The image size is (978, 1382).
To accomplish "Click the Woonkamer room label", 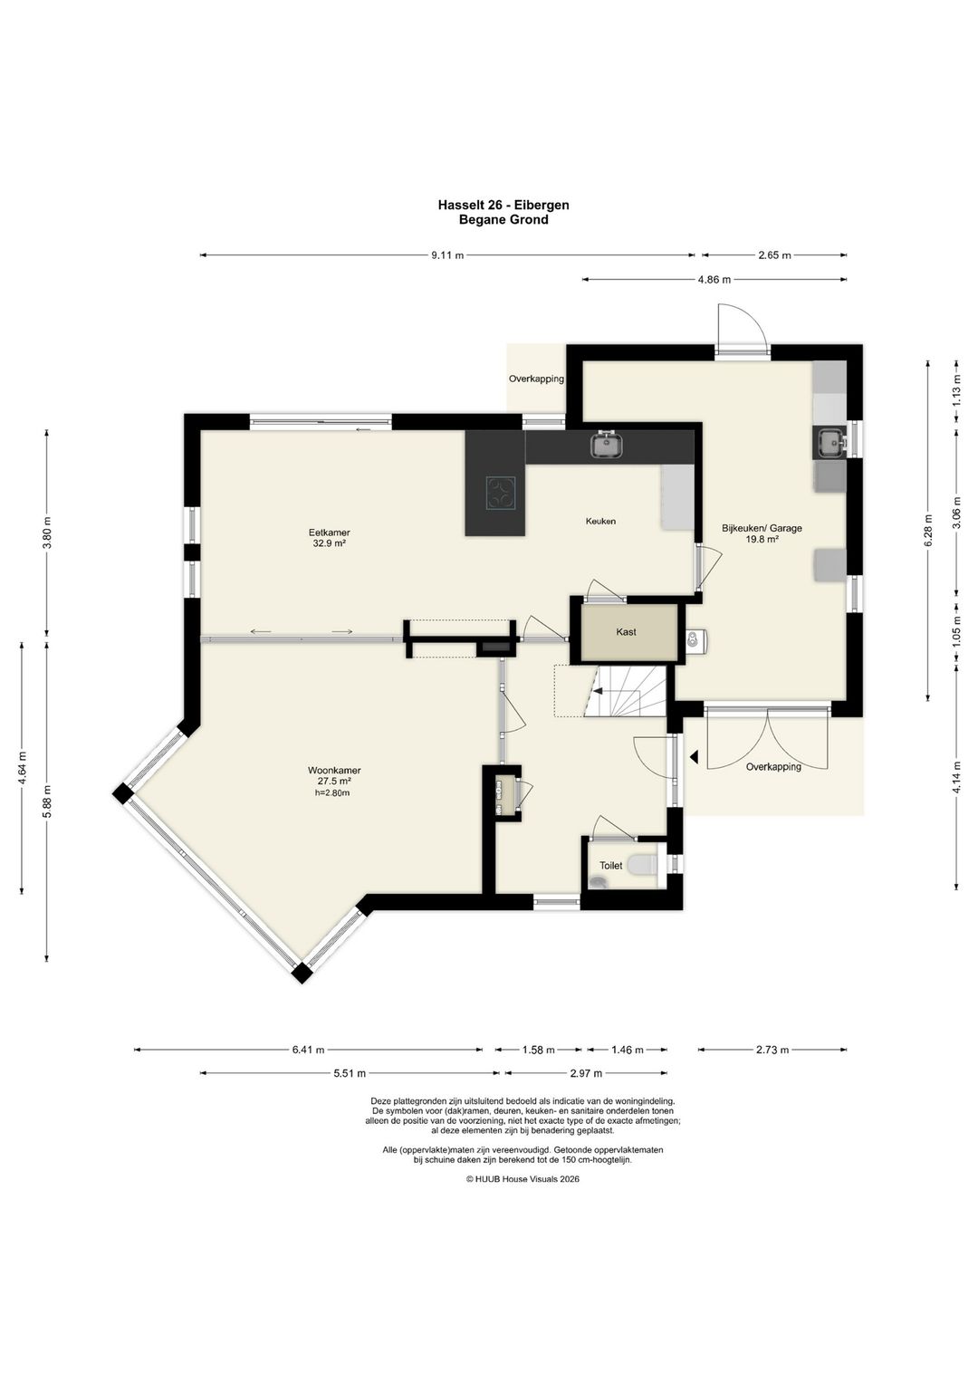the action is [x=334, y=770].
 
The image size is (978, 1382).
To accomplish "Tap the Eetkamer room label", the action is [x=329, y=533].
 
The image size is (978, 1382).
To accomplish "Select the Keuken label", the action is [x=600, y=522].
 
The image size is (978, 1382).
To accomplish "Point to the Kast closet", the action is [x=626, y=632].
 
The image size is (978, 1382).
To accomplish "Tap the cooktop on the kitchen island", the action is [x=500, y=493].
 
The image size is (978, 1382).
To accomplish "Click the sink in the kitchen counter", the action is [x=607, y=446].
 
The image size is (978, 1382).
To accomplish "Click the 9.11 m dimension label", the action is [x=447, y=255].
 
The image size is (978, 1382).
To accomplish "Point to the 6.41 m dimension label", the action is [x=308, y=1050].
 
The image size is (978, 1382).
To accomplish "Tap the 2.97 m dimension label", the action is [x=586, y=1073].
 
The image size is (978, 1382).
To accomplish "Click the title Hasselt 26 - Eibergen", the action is [x=503, y=205].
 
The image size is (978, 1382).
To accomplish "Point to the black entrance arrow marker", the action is [x=694, y=756].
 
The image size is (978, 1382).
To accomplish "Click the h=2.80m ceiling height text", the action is [x=332, y=793].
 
